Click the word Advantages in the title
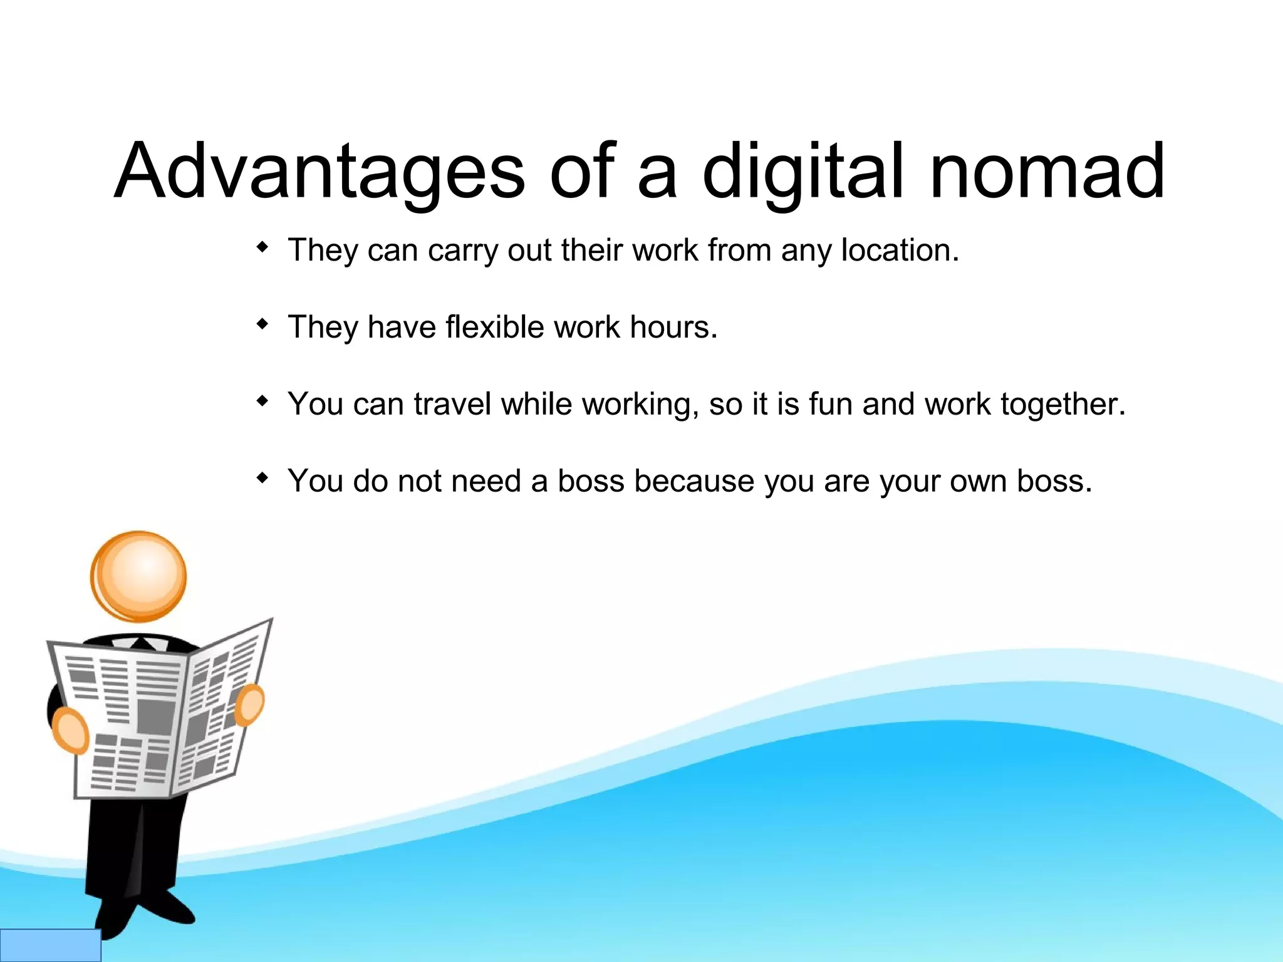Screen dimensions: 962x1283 [319, 170]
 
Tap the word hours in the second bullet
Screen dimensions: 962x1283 [673, 327]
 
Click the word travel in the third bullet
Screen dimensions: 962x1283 [452, 404]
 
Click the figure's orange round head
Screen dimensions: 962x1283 [138, 576]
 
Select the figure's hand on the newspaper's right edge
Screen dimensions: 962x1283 [250, 705]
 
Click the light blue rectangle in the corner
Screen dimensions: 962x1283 [50, 945]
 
